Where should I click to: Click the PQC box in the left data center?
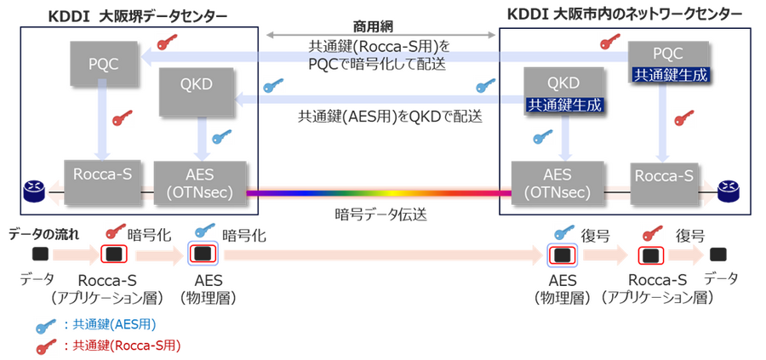(101, 63)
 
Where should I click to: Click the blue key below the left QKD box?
(219, 137)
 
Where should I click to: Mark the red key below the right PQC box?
(680, 119)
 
